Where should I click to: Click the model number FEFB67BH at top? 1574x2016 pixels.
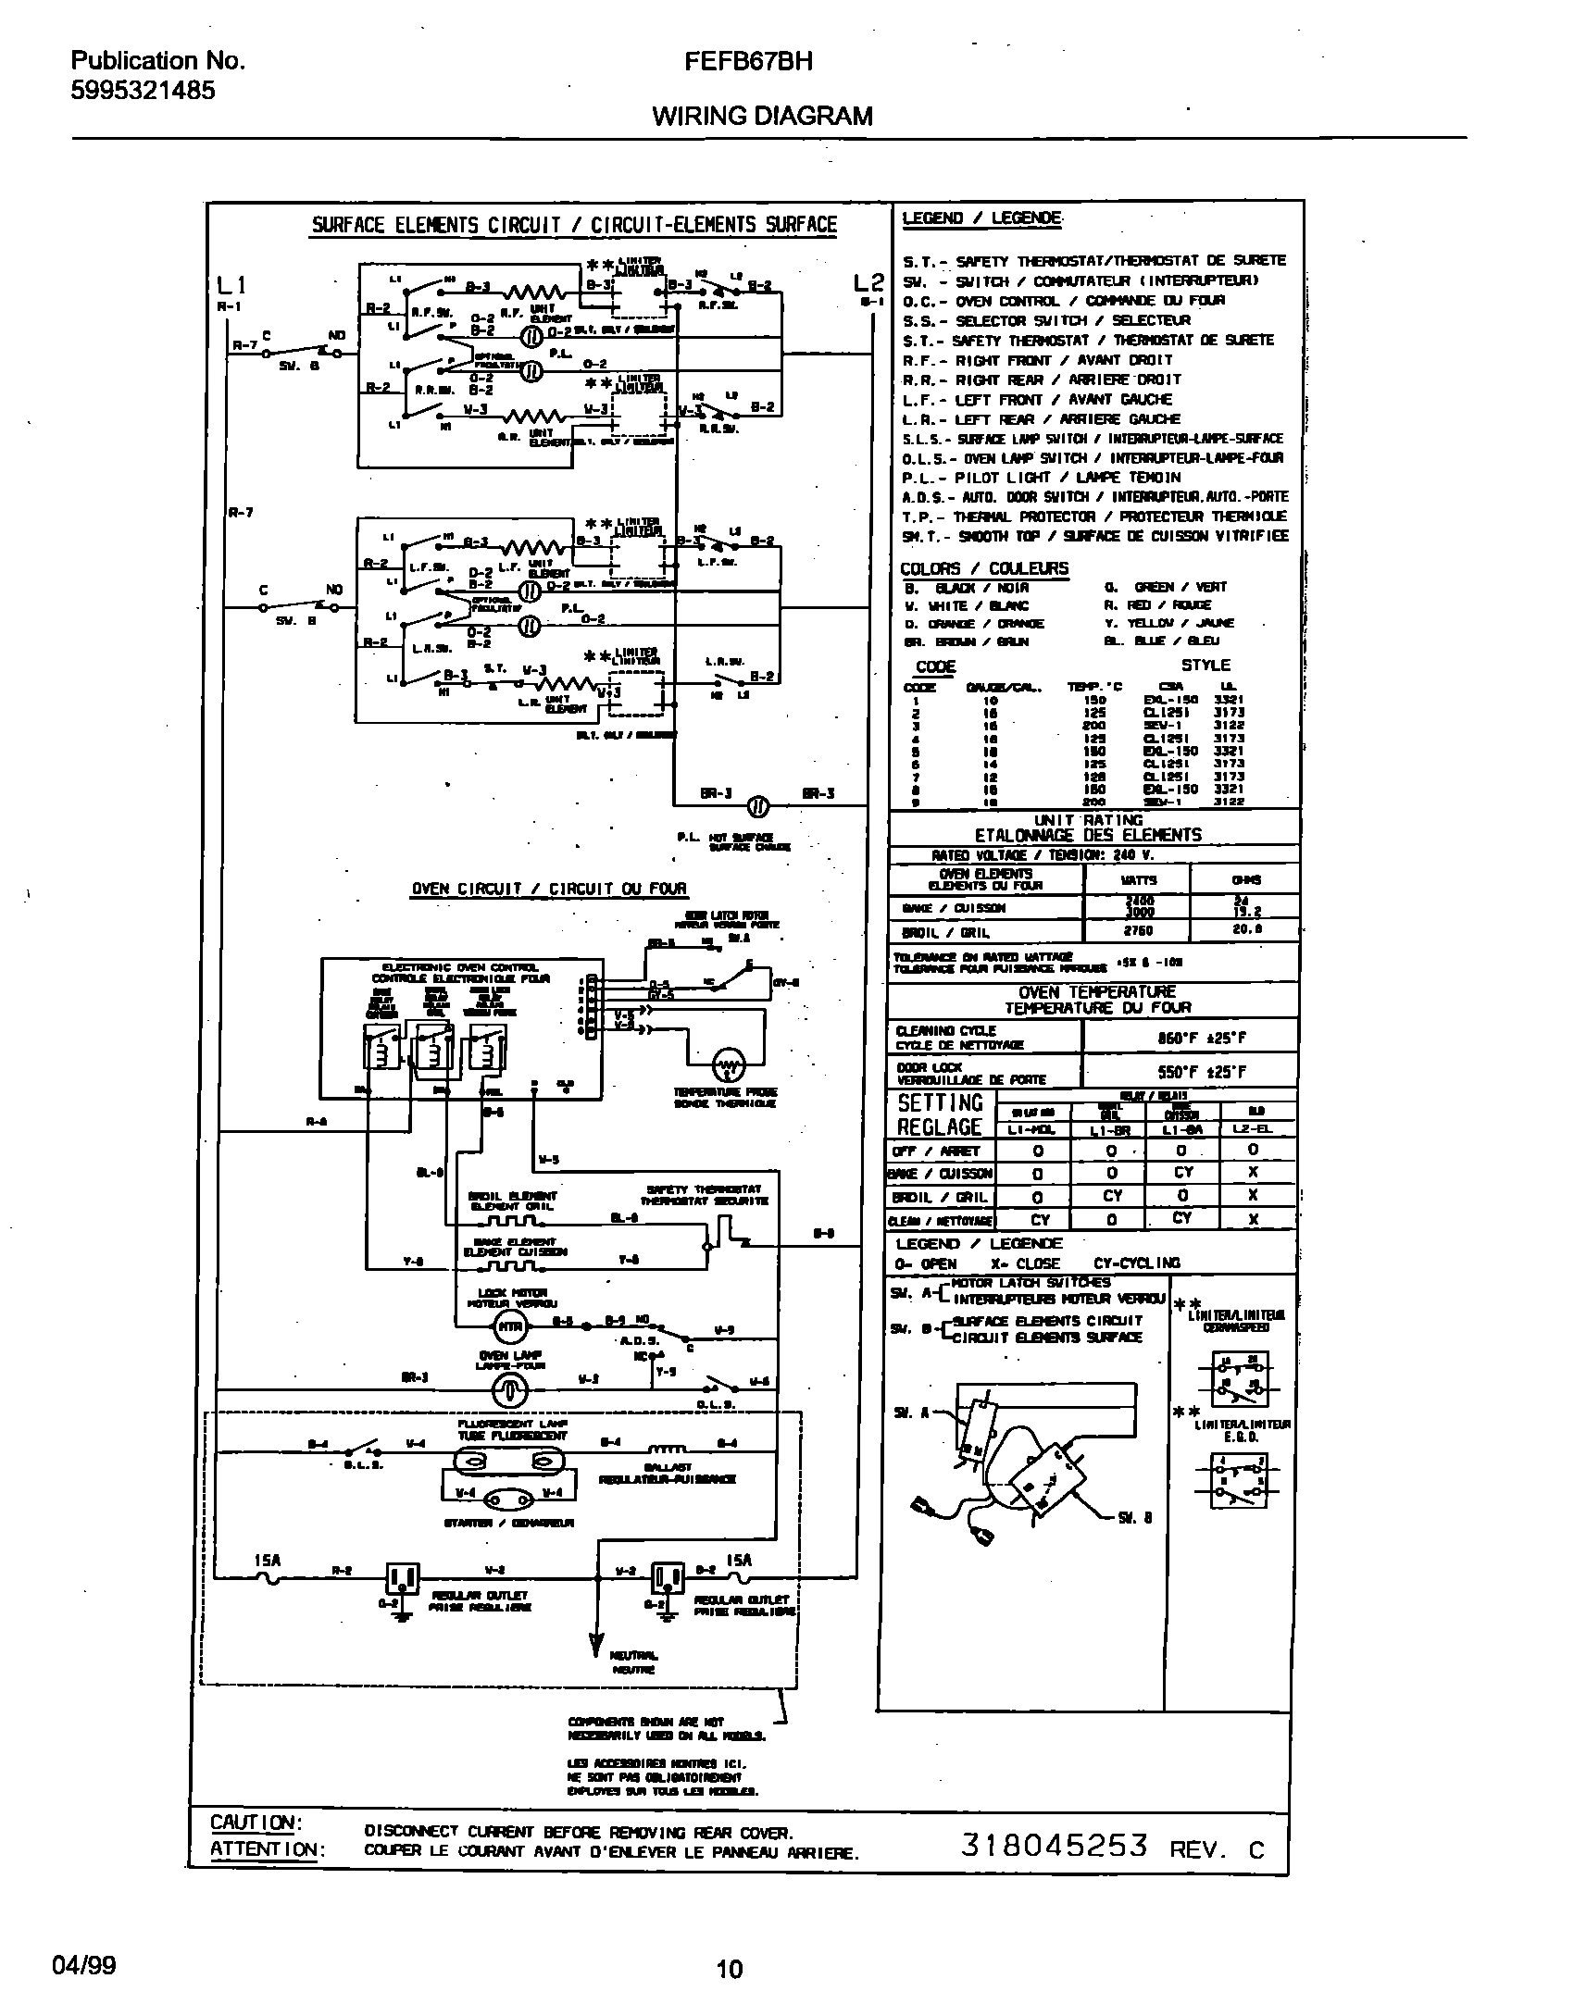coord(749,62)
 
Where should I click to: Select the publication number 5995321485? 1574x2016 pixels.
coord(144,91)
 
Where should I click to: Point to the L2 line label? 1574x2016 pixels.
coord(870,283)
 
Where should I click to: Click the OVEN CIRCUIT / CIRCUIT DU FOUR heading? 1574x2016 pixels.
coord(549,890)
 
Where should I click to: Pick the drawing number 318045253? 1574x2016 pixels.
coord(1056,1845)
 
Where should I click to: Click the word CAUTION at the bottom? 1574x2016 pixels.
coord(253,1823)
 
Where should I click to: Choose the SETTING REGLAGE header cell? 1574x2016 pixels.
coord(940,1114)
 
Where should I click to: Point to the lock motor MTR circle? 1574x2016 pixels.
coord(507,1328)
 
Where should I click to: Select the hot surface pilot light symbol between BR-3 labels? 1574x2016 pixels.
coord(756,806)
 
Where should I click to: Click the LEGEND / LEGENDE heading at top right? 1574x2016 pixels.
coord(981,218)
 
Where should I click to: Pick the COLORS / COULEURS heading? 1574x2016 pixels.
coord(983,568)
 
